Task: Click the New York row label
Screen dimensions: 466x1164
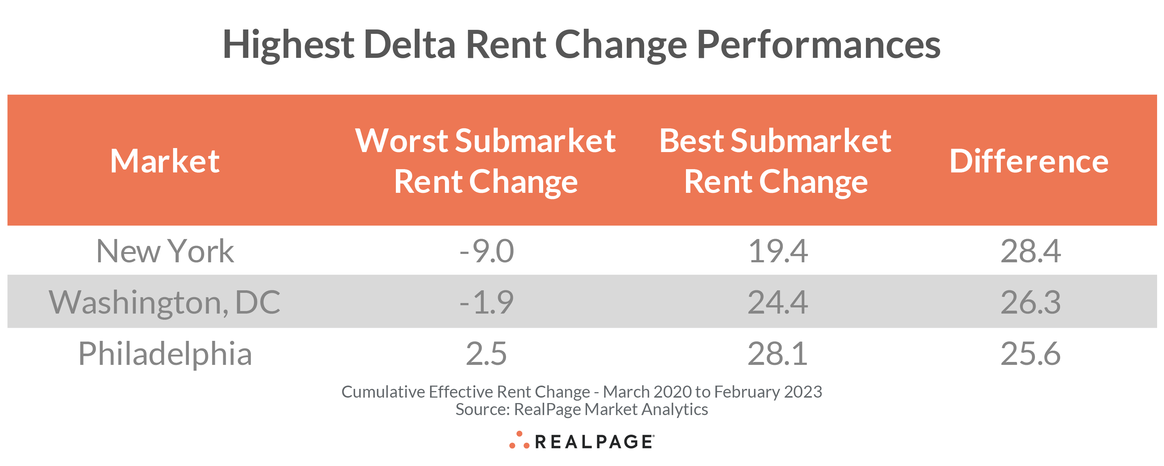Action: pos(165,251)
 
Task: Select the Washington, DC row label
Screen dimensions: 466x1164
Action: pos(165,302)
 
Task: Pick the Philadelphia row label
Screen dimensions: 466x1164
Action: pos(165,354)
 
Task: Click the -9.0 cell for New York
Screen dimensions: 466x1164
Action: pos(487,251)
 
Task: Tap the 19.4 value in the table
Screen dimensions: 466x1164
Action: pos(778,251)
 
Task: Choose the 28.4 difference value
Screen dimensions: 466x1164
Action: pos(1030,251)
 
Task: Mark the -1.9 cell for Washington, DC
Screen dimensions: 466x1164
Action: pos(487,302)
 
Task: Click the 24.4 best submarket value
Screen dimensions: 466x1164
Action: pos(778,302)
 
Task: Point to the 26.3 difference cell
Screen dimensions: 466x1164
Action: pos(1030,302)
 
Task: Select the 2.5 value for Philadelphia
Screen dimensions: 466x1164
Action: pos(487,354)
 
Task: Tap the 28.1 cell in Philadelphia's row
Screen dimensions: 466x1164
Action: pos(778,354)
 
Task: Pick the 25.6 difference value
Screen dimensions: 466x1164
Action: pos(1030,354)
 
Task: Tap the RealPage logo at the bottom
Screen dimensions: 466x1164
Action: pos(582,441)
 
